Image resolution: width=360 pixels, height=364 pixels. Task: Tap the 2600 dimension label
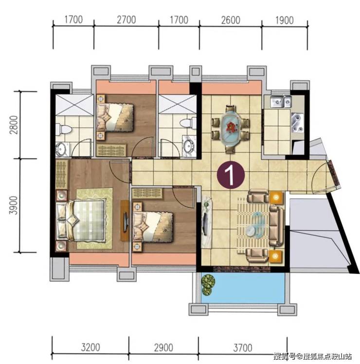click(231, 20)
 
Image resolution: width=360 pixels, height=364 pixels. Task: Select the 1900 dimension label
click(284, 20)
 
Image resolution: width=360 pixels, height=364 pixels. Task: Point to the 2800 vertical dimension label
click(14, 125)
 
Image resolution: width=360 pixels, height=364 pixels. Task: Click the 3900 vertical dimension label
click(14, 205)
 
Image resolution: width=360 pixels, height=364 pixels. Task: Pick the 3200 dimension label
click(90, 347)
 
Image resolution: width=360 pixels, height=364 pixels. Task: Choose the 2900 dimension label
click(163, 347)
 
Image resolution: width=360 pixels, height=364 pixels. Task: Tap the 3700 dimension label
click(243, 348)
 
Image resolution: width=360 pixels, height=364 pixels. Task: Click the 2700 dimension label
click(126, 20)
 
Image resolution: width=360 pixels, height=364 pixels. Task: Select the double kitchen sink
click(281, 102)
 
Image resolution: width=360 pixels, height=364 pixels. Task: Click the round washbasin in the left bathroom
click(61, 148)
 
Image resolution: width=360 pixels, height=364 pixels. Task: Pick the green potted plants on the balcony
click(208, 285)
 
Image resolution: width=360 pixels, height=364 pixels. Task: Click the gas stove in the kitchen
click(298, 122)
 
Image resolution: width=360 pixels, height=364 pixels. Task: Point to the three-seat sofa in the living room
click(277, 226)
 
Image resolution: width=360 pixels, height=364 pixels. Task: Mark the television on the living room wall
click(205, 222)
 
